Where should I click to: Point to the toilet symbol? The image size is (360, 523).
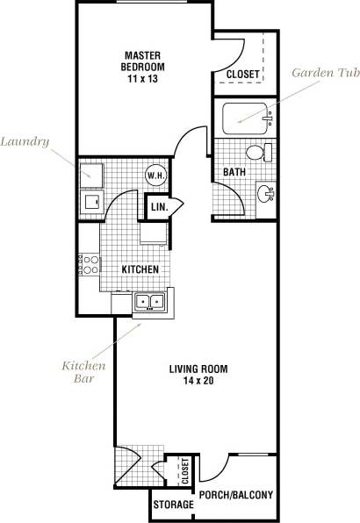(x=256, y=154)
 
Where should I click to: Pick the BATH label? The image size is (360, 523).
(x=234, y=173)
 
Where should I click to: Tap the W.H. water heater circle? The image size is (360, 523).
(x=155, y=175)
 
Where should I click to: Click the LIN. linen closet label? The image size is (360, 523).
(x=159, y=207)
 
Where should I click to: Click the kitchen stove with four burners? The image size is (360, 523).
(x=88, y=263)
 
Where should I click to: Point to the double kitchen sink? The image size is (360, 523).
(x=148, y=303)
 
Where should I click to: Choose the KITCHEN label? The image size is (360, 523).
(x=140, y=269)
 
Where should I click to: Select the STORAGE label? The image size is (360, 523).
(x=173, y=505)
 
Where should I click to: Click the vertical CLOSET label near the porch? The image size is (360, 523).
(x=185, y=472)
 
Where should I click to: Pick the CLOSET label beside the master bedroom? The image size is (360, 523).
(x=242, y=75)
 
